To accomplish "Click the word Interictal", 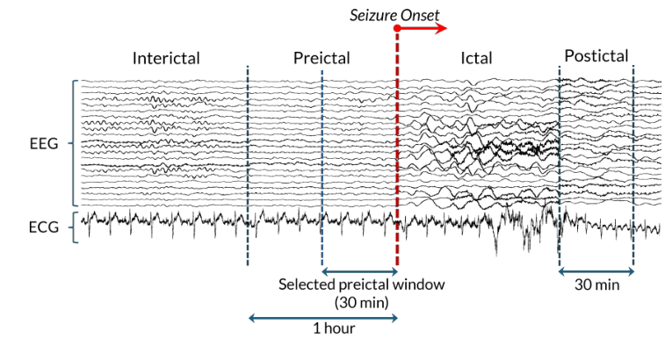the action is [166, 58].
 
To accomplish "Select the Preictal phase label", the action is [322, 58].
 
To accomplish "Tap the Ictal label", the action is [476, 58].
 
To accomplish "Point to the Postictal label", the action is [596, 55].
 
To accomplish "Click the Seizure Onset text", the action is [394, 16].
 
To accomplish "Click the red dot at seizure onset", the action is [397, 28].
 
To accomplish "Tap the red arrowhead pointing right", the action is [442, 28].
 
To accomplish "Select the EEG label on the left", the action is [44, 144].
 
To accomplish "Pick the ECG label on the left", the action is [44, 227].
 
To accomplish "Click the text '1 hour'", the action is [334, 328].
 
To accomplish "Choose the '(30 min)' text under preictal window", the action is [362, 303].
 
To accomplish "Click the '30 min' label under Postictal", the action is [597, 284].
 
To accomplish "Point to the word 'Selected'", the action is [307, 284].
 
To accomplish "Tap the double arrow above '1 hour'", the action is [323, 318].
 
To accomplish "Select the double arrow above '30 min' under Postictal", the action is [596, 271].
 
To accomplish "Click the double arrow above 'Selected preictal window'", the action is [360, 271].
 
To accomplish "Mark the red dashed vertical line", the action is [397, 148].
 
